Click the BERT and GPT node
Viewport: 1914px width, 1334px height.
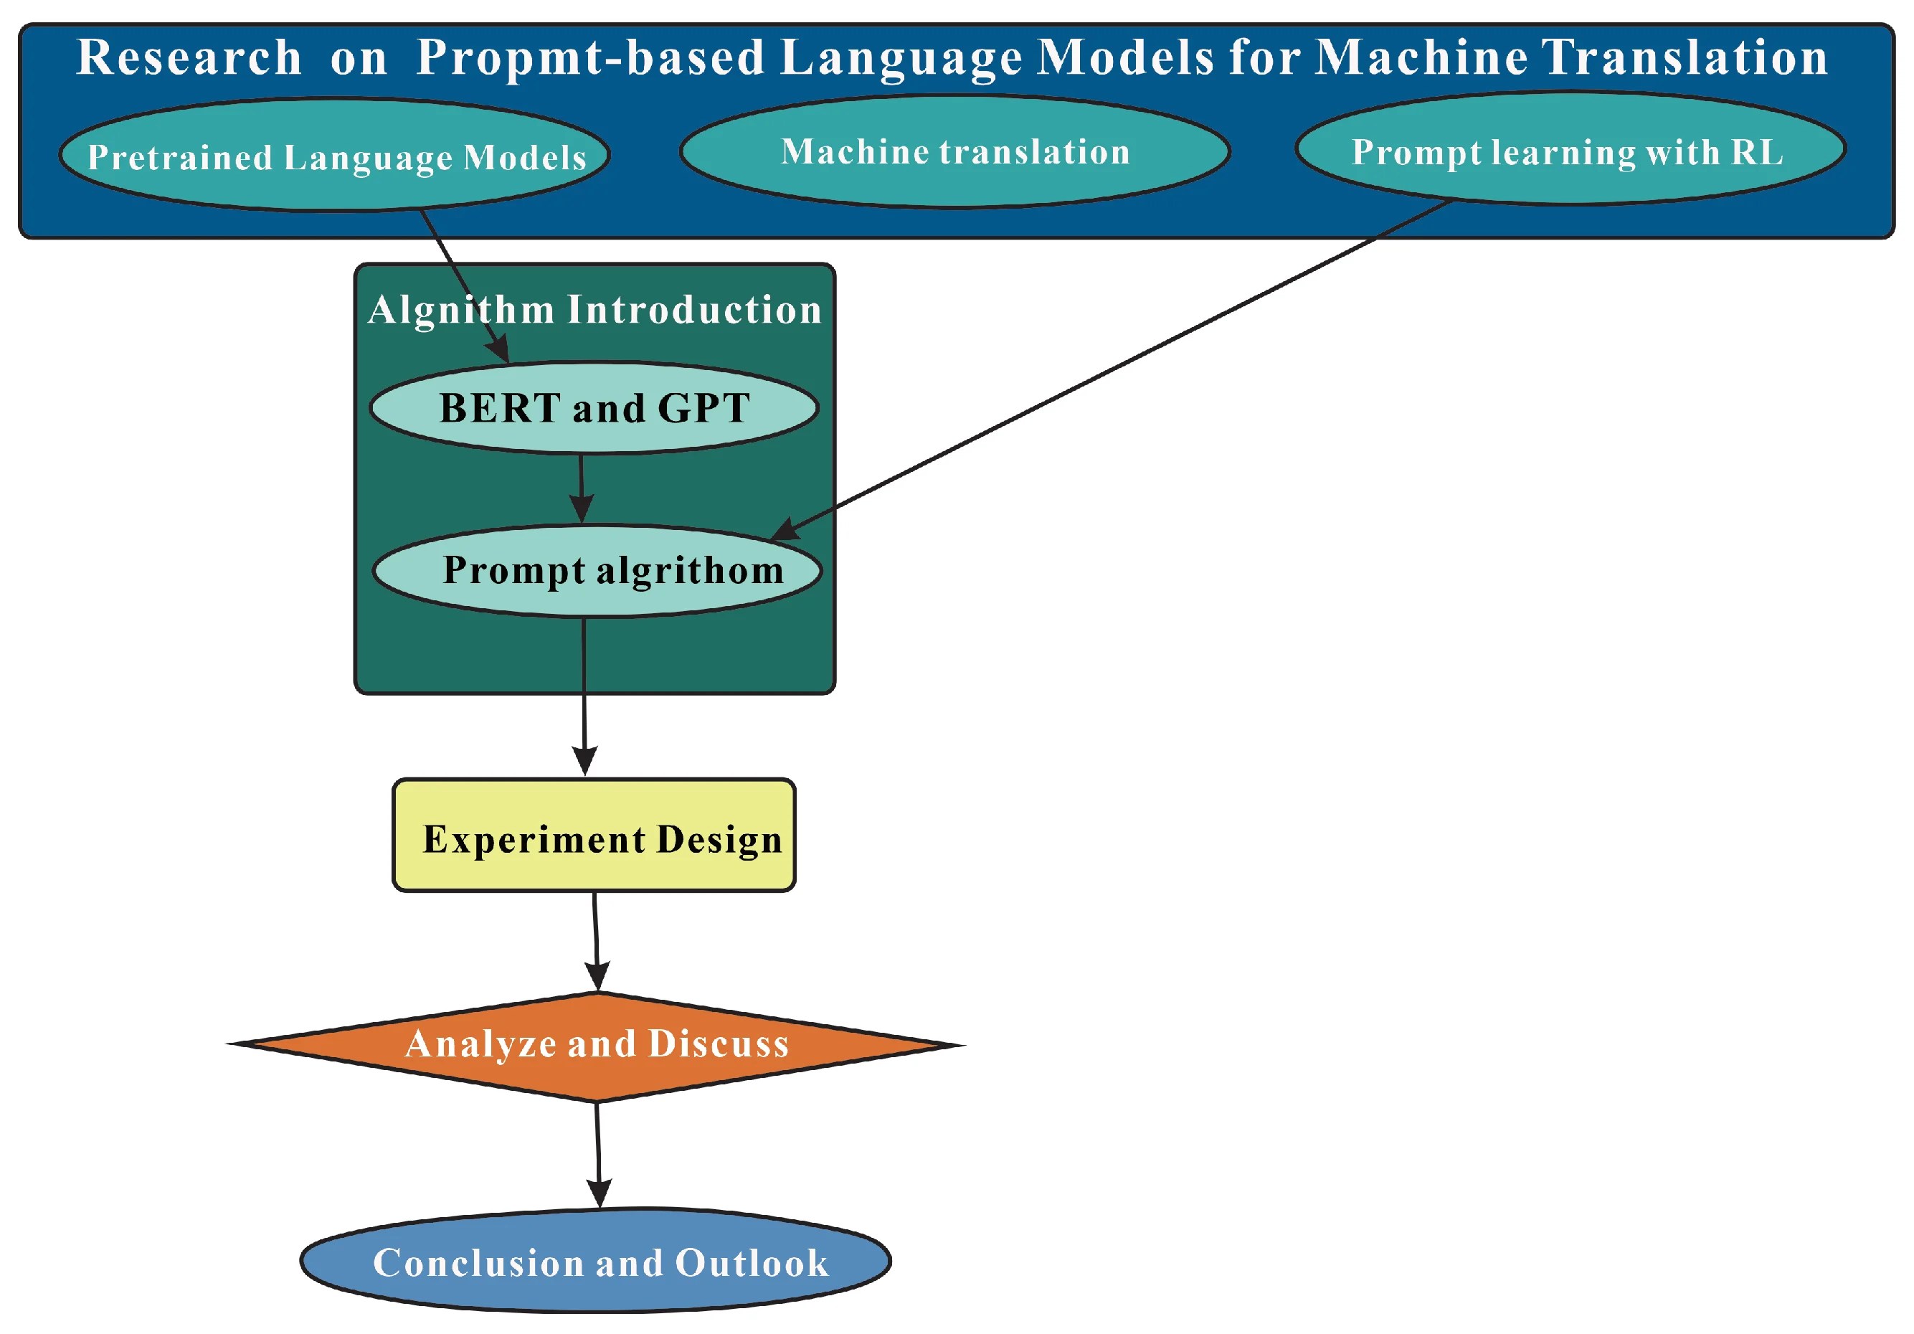pyautogui.click(x=594, y=407)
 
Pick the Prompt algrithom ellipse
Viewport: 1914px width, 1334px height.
pyautogui.click(x=597, y=570)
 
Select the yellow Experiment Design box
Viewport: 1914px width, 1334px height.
pyautogui.click(x=594, y=836)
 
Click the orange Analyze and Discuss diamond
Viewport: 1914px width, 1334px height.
pyautogui.click(x=597, y=1045)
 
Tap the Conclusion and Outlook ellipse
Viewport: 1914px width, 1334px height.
pyautogui.click(x=595, y=1262)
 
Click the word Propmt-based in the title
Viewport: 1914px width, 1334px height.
pyautogui.click(x=590, y=58)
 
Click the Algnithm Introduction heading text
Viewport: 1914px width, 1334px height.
pyautogui.click(x=594, y=309)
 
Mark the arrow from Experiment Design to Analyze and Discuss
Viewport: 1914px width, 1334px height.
pyautogui.click(x=595, y=938)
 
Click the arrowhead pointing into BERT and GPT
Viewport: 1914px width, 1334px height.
pyautogui.click(x=498, y=349)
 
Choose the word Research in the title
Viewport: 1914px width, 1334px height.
pyautogui.click(x=189, y=58)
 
